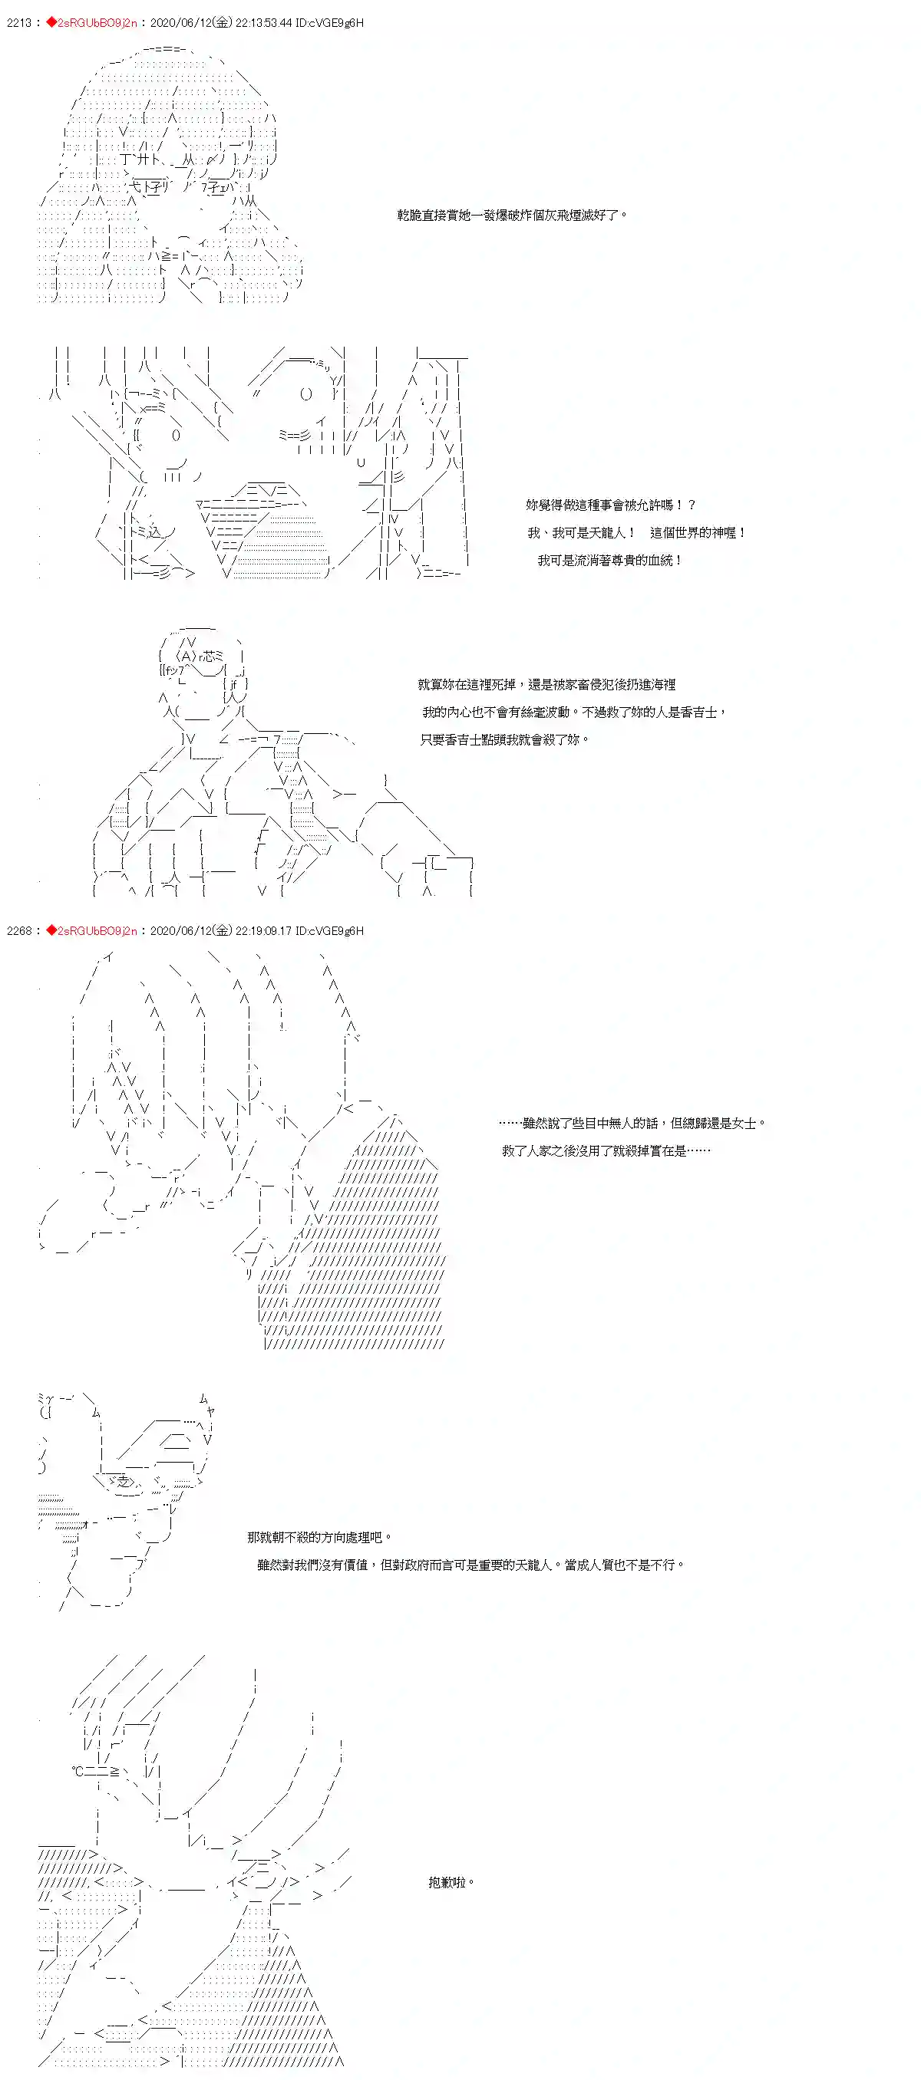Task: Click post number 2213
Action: pos(18,22)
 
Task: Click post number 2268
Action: pos(18,931)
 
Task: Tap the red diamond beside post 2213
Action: pos(51,22)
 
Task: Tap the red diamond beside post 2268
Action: pos(51,931)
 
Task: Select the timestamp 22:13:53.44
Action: pos(262,22)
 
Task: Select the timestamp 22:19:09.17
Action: pos(262,931)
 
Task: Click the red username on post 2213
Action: pos(96,22)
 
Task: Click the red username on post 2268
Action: pos(96,931)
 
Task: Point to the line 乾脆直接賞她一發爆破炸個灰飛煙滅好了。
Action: pos(511,216)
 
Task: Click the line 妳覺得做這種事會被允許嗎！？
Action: pos(610,505)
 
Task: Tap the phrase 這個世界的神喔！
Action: pos(697,533)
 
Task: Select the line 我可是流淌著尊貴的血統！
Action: pos(610,561)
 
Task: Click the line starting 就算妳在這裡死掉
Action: pos(546,685)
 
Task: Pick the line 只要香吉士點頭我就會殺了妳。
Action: pos(504,739)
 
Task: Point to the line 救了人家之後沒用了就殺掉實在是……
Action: pos(606,1150)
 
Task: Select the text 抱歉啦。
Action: pos(451,1882)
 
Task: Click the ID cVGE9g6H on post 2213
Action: pos(329,22)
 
